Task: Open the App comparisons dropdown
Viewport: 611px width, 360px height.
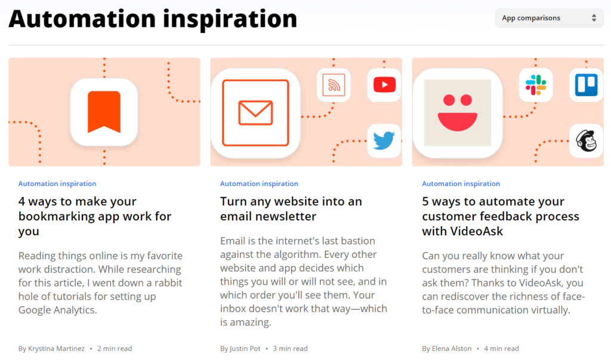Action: (x=549, y=18)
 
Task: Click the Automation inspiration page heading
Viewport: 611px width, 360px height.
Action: (x=153, y=19)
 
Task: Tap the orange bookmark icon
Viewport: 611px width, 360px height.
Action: (x=104, y=112)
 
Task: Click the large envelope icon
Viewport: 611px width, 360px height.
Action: (x=255, y=113)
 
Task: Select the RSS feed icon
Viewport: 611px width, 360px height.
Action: (x=334, y=85)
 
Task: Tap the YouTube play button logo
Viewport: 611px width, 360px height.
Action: (x=385, y=85)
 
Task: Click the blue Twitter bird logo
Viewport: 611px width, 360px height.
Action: (x=384, y=141)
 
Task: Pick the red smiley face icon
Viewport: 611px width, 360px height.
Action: (x=458, y=113)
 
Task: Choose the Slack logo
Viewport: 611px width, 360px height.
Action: (x=536, y=85)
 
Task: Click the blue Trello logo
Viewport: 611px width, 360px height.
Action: (x=586, y=85)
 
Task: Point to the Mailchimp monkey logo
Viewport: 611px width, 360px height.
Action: (x=586, y=141)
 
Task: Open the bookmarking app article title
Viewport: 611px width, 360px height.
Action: (x=95, y=216)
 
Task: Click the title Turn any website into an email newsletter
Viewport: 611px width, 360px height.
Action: (x=291, y=209)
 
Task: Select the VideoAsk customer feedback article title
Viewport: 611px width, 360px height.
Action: (x=501, y=216)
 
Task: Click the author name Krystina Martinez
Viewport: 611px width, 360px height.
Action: (x=56, y=348)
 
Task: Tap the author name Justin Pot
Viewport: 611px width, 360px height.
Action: (x=245, y=348)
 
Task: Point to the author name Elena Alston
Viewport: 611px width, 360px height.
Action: (x=452, y=348)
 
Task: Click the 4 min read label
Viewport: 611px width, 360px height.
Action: (x=501, y=348)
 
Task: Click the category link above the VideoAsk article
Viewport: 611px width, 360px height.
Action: (x=461, y=184)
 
